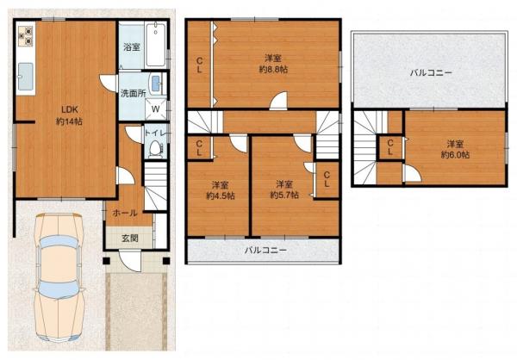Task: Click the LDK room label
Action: [x=69, y=109]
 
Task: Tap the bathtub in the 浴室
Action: [x=155, y=45]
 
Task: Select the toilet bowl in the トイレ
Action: [x=154, y=149]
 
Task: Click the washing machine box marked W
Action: [x=156, y=109]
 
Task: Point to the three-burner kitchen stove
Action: [x=26, y=36]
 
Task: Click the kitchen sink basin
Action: [x=25, y=77]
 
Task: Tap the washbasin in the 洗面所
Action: [x=155, y=84]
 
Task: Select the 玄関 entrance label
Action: [x=130, y=238]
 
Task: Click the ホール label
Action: [x=125, y=213]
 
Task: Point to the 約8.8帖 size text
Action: [x=273, y=70]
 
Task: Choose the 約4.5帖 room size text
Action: [x=221, y=196]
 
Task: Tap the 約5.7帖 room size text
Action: [x=284, y=195]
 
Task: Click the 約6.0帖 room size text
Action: [x=455, y=155]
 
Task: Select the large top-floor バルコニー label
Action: [x=431, y=72]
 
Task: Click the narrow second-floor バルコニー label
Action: [x=265, y=251]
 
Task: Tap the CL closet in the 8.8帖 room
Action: [x=200, y=65]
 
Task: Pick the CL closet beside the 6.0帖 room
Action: [x=390, y=147]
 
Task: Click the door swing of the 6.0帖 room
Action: [x=412, y=173]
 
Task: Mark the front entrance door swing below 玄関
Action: [x=129, y=261]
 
